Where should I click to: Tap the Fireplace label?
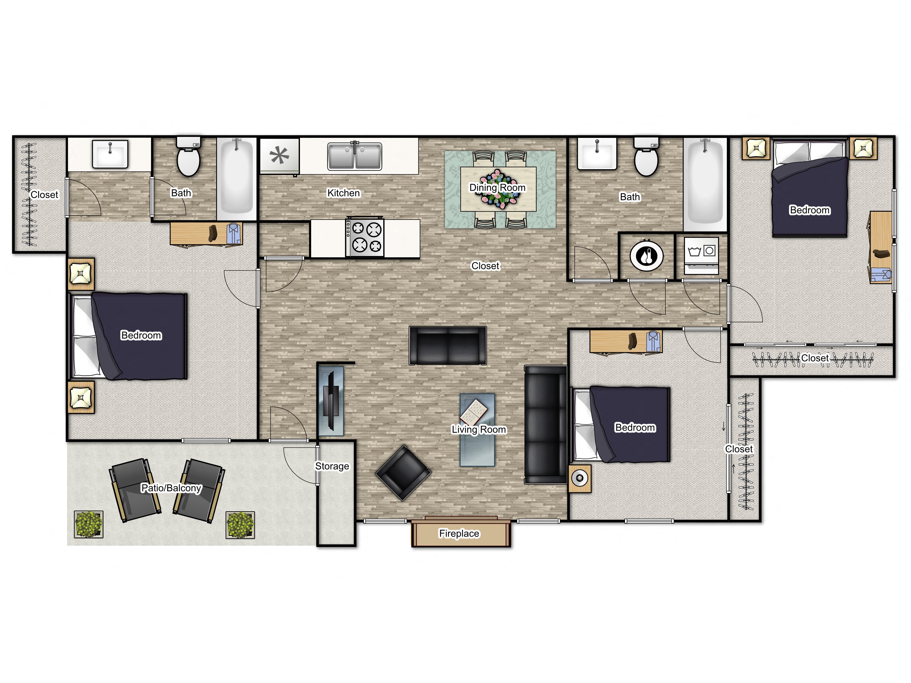[x=459, y=534]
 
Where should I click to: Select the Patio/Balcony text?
[x=171, y=488]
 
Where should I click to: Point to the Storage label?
[x=332, y=466]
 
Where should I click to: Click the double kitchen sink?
[x=355, y=156]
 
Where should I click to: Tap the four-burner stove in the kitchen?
[x=365, y=237]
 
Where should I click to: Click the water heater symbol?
[x=646, y=256]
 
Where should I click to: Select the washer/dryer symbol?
[x=701, y=255]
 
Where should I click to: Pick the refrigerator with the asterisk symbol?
[x=279, y=155]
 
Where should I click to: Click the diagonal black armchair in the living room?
[x=403, y=473]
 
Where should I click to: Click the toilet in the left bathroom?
[x=188, y=158]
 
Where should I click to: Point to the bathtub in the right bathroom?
[x=705, y=183]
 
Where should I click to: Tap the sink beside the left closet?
[x=110, y=154]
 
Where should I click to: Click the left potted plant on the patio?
[x=88, y=525]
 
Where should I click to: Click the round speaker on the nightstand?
[x=580, y=478]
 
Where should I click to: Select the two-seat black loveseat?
[x=448, y=346]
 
